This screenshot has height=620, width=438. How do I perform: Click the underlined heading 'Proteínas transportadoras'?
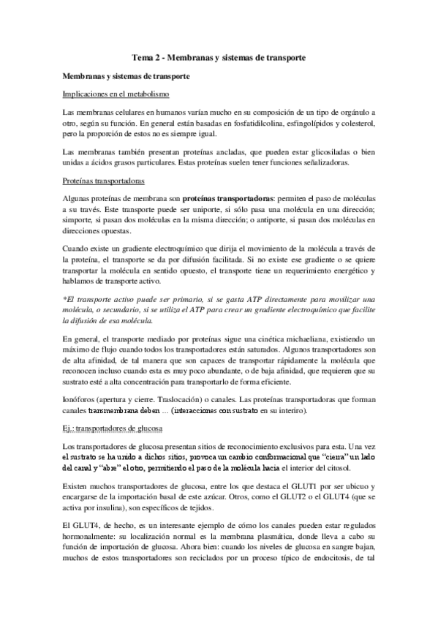point(103,181)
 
